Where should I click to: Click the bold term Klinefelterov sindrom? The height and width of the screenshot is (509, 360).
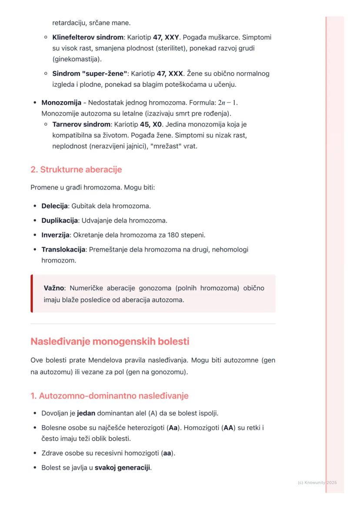point(88,37)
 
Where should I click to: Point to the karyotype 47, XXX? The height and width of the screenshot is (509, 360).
point(167,73)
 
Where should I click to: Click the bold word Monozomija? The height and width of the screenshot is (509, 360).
point(61,103)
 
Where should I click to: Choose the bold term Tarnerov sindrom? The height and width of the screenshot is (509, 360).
point(81,124)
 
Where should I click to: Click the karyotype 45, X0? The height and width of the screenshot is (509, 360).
point(151,124)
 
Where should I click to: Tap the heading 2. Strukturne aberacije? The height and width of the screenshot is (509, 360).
point(76,170)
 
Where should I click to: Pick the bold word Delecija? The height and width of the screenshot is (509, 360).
point(54,206)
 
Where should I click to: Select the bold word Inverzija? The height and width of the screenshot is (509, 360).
point(56,235)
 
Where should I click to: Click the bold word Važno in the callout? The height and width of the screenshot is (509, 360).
point(54,288)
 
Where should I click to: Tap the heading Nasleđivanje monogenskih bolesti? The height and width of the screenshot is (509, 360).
point(110,342)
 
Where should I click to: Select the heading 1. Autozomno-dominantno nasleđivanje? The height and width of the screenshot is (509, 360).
point(109,396)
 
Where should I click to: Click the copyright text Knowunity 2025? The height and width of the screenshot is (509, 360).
point(317,482)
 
